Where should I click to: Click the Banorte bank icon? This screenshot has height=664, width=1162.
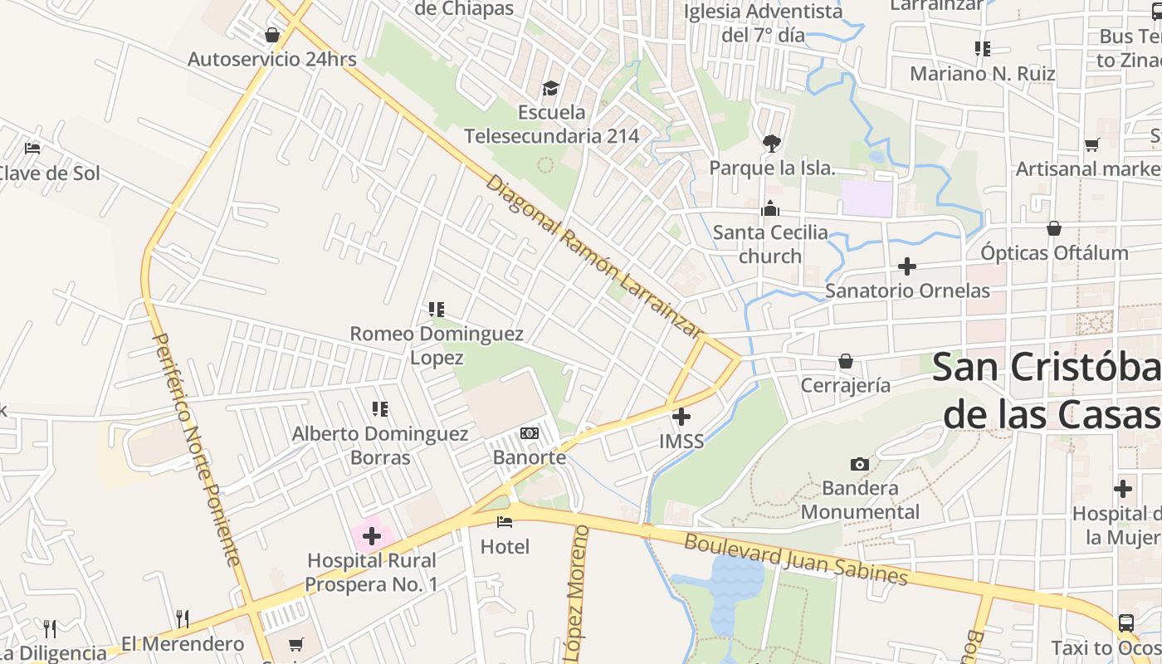529,433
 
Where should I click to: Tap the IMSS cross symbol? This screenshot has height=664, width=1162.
681,417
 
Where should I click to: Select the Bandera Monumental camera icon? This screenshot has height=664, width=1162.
860,464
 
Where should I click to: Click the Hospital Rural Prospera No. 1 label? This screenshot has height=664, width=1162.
371,573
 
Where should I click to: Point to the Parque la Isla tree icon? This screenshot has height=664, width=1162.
771,143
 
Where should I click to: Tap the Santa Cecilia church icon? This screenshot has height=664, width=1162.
770,208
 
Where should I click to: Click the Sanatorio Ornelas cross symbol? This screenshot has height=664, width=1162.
907,266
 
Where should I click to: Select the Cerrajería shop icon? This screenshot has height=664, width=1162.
845,361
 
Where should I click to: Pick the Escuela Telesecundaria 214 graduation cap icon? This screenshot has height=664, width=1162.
550,88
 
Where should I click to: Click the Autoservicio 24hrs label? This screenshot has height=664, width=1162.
271,59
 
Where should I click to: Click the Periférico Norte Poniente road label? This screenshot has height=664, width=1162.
197,449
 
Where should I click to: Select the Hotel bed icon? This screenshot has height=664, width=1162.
504,522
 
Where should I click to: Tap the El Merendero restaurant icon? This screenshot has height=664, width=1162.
183,619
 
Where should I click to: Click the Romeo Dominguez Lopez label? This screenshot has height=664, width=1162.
437,345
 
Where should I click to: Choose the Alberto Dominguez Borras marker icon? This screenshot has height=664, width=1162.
380,408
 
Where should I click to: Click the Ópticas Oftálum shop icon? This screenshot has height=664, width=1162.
1053,228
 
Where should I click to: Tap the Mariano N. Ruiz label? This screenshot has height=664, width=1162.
982,73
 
